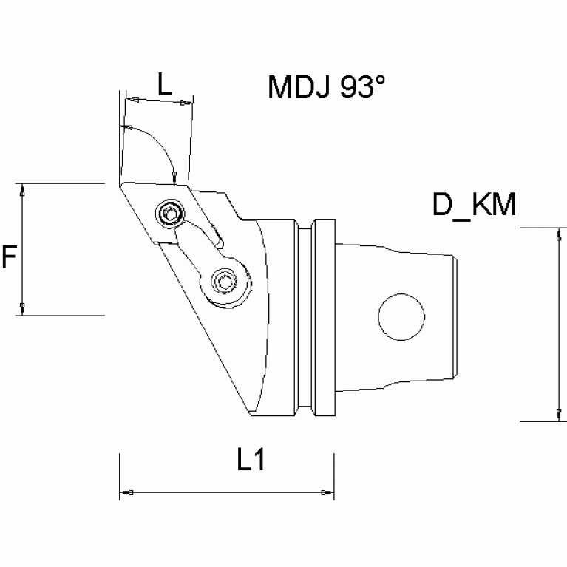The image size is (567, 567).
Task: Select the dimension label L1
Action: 251,461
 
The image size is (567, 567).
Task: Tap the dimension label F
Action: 10,257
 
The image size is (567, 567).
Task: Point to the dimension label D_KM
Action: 474,206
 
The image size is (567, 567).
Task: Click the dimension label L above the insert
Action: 164,84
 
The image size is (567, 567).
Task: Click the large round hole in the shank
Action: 402,319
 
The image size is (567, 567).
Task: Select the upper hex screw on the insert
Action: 171,215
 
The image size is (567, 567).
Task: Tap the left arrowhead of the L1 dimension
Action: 126,492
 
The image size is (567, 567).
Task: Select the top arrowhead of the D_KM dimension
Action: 557,235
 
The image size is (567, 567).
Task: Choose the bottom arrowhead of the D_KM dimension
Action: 557,414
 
